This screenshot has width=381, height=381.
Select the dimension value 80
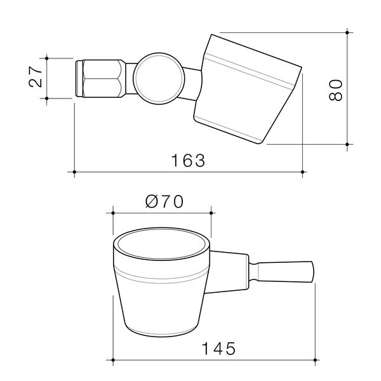point(335,90)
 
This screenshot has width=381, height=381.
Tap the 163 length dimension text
point(188,161)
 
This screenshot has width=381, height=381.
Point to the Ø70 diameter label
point(164,202)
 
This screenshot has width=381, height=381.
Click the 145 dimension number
point(218,349)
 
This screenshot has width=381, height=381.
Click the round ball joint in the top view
point(159,79)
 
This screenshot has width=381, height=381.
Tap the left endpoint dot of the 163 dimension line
point(74,172)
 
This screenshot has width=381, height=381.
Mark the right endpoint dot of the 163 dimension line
point(302,172)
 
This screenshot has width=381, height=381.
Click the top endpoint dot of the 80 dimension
point(347,32)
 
